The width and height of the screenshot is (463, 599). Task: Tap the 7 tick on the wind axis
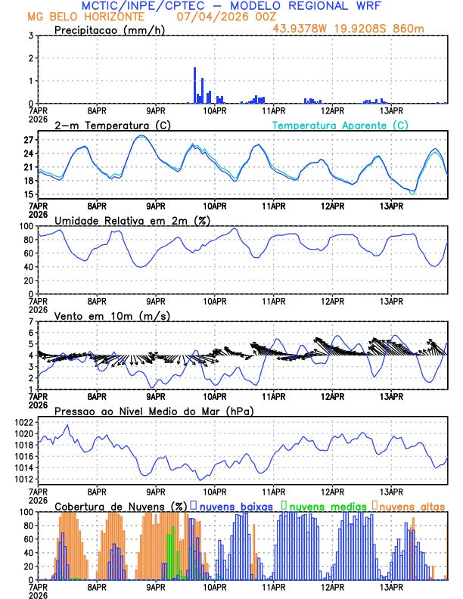(x=31, y=321)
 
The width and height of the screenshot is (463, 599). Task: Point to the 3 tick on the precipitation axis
(x=31, y=36)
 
